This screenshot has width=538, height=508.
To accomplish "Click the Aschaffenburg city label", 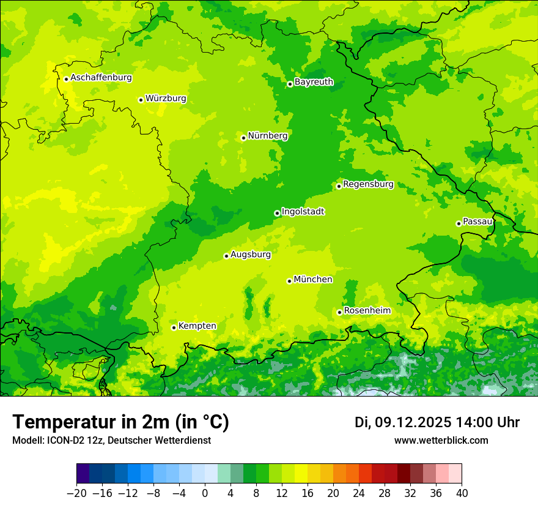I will [101, 78].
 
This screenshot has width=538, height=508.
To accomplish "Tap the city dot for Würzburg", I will [141, 100].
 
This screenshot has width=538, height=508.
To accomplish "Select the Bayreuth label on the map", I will [314, 82].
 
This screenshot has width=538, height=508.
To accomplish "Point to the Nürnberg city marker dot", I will [243, 138].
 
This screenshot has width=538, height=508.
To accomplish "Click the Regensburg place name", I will [368, 184].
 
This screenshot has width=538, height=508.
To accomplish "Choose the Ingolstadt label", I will [303, 212].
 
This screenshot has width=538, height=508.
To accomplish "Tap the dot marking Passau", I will [459, 223].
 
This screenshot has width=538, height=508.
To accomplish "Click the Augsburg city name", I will [250, 255].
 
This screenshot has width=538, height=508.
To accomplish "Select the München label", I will [313, 280].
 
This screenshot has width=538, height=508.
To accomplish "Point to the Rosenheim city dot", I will [339, 312].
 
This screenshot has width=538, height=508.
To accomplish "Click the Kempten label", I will [197, 326].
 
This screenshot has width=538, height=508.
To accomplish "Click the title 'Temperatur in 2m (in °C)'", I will [120, 422].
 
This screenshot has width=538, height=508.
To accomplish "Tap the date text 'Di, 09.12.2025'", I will [403, 422].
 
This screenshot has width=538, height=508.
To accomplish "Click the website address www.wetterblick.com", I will [441, 440].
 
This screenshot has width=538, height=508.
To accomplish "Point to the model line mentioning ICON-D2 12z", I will [111, 440].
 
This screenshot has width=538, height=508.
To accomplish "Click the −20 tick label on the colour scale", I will [76, 493].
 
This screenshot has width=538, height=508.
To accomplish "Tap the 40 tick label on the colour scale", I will [462, 493].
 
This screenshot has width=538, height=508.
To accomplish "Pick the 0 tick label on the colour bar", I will [205, 493].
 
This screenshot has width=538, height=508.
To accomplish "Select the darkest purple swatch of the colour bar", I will [83, 474].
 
